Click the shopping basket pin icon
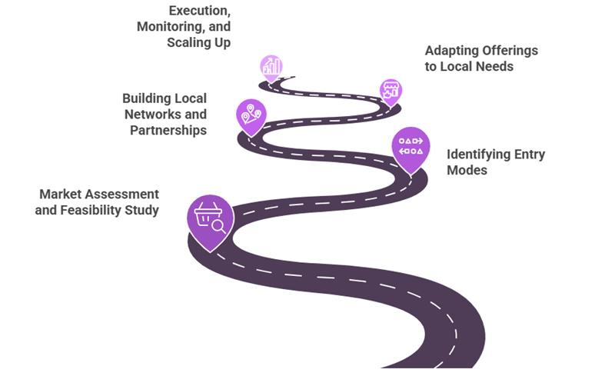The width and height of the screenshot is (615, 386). [210, 218]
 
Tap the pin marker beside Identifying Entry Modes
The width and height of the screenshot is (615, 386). [411, 146]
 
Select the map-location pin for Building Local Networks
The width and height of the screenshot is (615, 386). [251, 116]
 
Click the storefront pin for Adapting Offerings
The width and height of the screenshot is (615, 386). [391, 90]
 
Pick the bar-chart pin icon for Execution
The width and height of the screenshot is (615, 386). [271, 68]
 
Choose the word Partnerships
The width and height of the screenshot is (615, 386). [169, 130]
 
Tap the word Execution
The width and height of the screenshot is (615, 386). [199, 11]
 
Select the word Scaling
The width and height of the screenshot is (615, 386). [188, 42]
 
